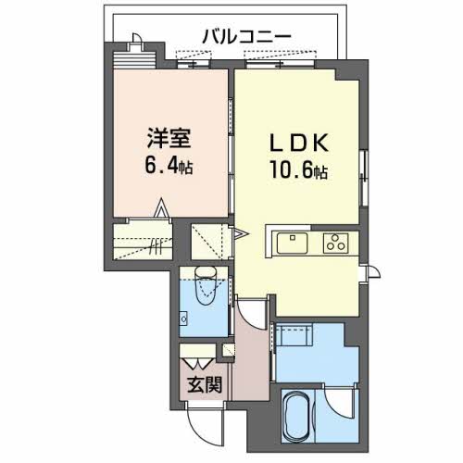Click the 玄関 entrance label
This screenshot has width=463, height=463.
(x=206, y=382)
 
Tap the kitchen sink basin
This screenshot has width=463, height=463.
(x=290, y=243)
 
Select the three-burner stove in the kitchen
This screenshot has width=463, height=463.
(x=334, y=243)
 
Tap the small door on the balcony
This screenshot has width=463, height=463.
(x=136, y=43)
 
